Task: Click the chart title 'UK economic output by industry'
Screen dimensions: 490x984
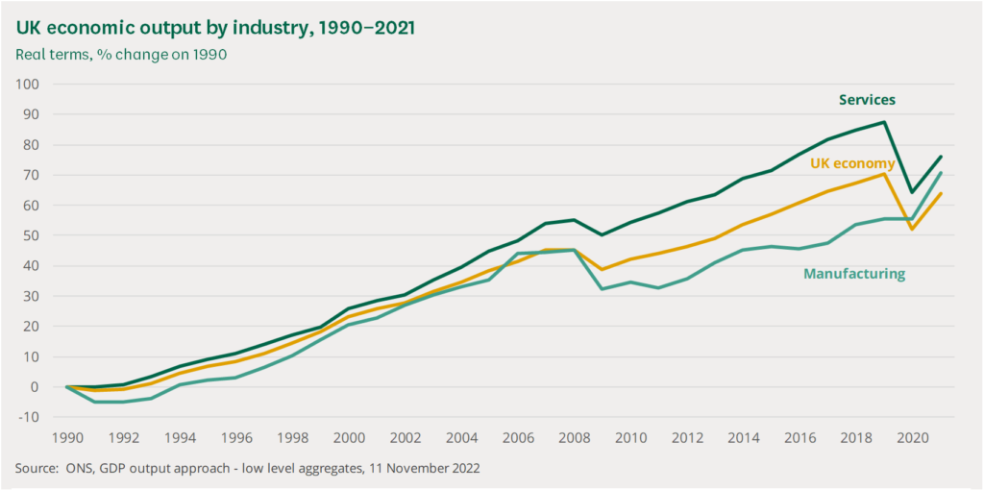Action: (215, 27)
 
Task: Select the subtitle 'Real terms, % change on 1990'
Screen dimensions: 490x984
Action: (121, 54)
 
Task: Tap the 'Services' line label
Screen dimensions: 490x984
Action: (867, 100)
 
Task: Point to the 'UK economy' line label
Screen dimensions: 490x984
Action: (852, 164)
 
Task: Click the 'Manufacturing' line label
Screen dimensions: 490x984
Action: (853, 274)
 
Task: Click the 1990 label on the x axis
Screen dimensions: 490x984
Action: (66, 437)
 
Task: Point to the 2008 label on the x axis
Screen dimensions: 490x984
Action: (575, 437)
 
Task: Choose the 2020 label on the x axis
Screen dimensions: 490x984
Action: (912, 437)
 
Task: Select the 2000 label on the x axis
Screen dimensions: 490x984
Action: (349, 437)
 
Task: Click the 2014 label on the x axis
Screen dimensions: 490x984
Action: (743, 437)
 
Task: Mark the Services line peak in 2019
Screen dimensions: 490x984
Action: (884, 122)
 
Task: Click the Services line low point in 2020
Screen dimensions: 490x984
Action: (912, 192)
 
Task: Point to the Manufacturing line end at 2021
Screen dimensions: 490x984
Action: (940, 173)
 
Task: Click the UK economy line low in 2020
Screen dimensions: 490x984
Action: (912, 229)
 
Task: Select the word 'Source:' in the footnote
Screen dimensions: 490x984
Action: (38, 469)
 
